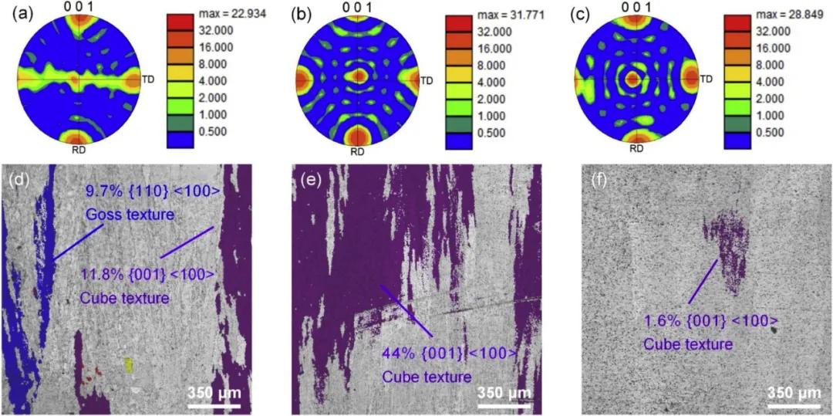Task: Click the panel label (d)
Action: (x=18, y=181)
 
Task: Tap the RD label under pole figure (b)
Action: (x=357, y=151)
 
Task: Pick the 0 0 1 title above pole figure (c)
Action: (x=635, y=7)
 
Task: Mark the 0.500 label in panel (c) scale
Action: (x=779, y=131)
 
